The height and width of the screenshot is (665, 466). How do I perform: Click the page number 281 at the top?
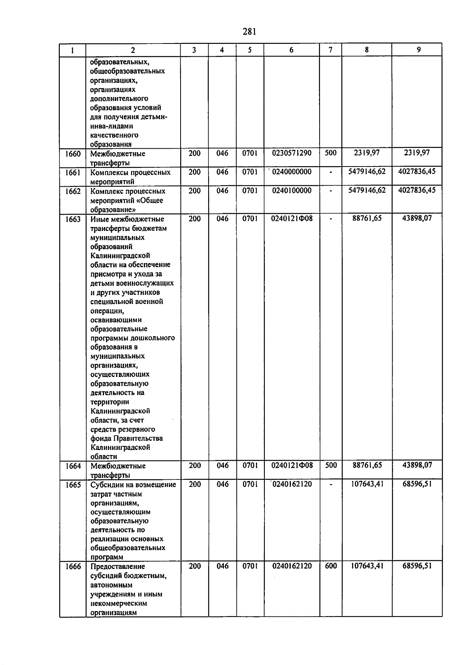point(249,32)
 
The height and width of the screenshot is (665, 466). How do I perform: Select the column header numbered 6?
point(291,50)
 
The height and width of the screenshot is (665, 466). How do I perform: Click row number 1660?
point(73,154)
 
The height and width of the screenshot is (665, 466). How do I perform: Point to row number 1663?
point(73,219)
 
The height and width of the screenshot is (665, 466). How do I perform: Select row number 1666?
point(73,566)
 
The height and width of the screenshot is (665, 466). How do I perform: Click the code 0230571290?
point(292,153)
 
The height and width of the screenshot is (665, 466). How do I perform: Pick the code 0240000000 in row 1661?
point(292,172)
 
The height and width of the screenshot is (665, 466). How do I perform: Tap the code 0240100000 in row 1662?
point(292,190)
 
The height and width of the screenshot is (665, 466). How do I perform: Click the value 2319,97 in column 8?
point(367,153)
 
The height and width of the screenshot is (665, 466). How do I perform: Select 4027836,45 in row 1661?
point(417,172)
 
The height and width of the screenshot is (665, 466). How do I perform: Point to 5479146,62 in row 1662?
point(367,190)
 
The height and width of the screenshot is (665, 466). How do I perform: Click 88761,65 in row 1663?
point(367,219)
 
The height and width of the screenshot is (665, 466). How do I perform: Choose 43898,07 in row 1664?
point(417,465)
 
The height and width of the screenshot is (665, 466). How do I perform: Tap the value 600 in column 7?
point(330,566)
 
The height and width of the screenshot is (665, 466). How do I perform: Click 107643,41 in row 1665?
point(367,484)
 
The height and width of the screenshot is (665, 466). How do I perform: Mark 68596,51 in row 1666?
point(417,566)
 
